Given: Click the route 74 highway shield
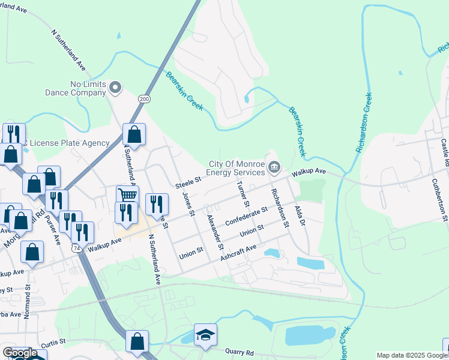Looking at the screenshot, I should pyautogui.click(x=74, y=247).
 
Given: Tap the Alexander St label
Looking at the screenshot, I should pyautogui.click(x=214, y=232).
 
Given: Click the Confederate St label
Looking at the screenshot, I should pyautogui.click(x=246, y=217).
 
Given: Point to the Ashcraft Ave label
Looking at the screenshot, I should pyautogui.click(x=238, y=251).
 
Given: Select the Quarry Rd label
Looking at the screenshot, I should pyautogui.click(x=241, y=352).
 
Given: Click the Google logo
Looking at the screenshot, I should pyautogui.click(x=20, y=353).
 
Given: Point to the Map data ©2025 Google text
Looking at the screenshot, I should pyautogui.click(x=411, y=355).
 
